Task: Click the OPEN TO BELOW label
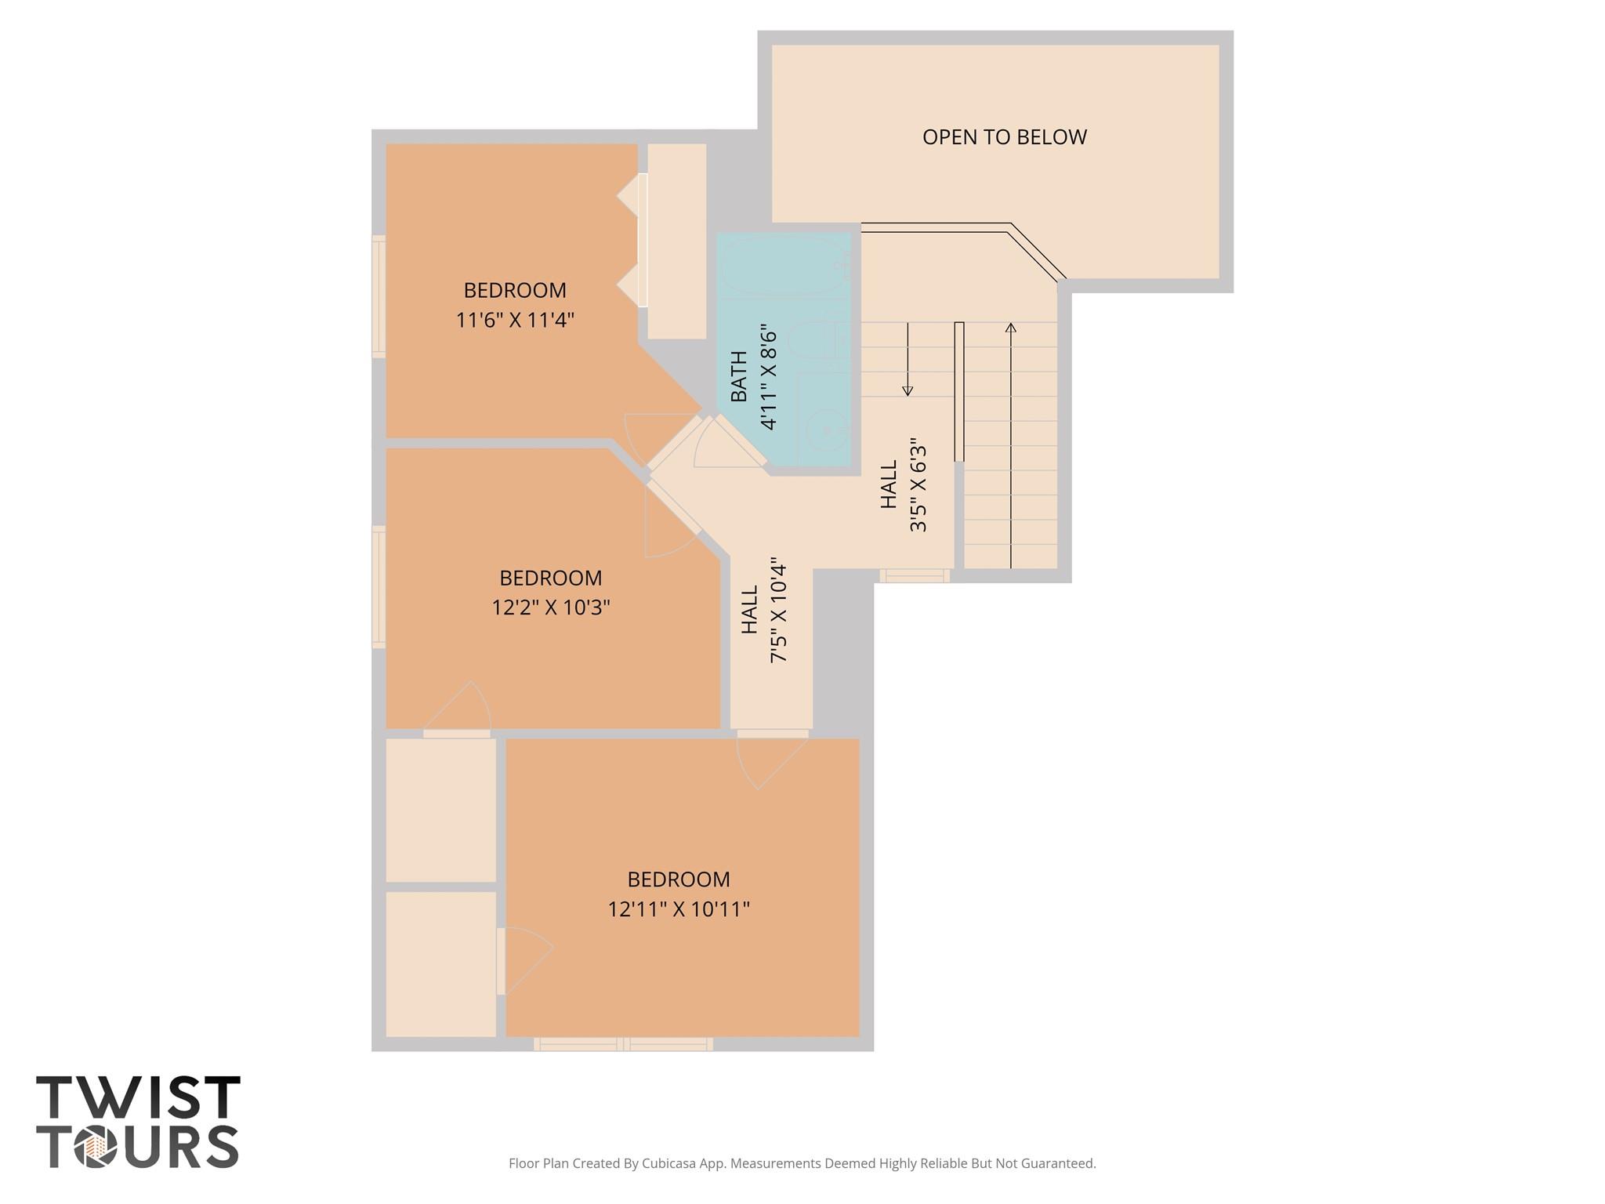(1004, 137)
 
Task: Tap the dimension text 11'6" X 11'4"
(515, 320)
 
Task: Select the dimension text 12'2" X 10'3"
(551, 607)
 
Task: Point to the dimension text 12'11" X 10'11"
(679, 909)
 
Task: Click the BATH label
(739, 376)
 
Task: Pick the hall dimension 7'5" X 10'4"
(778, 610)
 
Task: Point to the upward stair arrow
(1011, 445)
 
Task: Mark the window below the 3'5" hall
(915, 576)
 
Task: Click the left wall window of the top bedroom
(379, 297)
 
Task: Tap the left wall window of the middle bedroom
(379, 587)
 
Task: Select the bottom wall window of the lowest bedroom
(624, 1044)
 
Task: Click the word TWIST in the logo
(138, 1097)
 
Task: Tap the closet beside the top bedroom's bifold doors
(677, 241)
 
